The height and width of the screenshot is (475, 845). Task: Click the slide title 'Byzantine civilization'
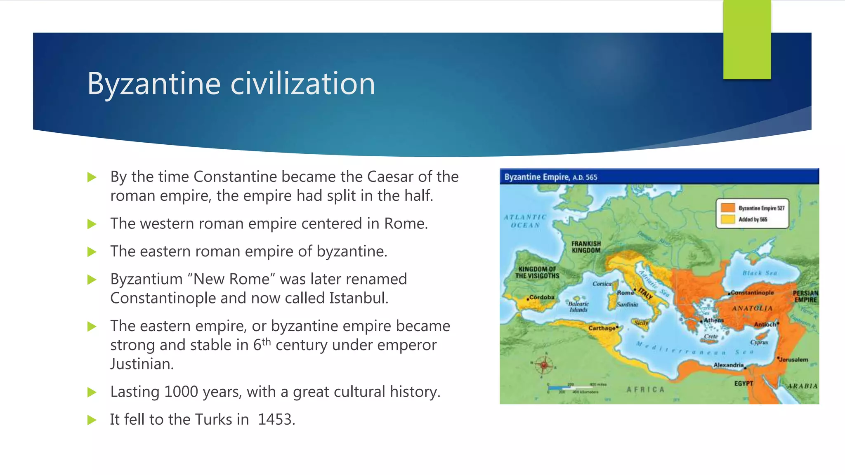tap(231, 84)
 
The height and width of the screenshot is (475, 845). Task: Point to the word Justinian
tap(141, 364)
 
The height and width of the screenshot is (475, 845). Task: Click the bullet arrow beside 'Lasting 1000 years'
tap(92, 392)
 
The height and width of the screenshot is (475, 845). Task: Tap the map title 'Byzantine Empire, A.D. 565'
tap(550, 177)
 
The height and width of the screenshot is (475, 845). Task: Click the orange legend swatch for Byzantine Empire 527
tap(728, 208)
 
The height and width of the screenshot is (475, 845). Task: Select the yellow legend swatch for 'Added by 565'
tap(728, 219)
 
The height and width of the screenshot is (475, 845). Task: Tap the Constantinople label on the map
tap(752, 293)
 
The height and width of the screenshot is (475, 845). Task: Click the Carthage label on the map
tap(602, 328)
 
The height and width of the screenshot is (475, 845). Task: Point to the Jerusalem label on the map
tap(793, 360)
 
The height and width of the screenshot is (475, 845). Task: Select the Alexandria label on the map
tap(728, 365)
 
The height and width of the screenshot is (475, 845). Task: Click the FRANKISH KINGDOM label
tap(586, 247)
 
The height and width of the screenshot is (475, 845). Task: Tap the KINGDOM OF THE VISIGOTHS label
tap(537, 273)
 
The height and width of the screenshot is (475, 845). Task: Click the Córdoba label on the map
tap(542, 297)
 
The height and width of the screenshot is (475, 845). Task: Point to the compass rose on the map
tap(544, 365)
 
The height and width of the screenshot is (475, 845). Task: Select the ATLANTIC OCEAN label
tap(525, 221)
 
